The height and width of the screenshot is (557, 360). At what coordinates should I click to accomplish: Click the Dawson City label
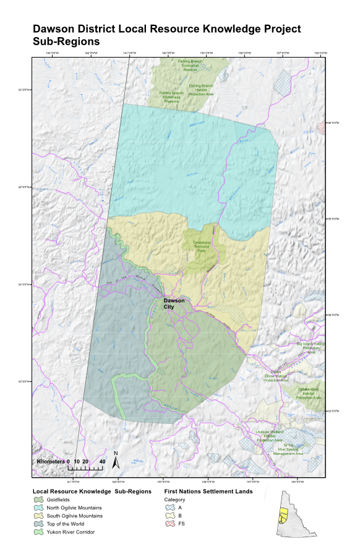click(174, 304)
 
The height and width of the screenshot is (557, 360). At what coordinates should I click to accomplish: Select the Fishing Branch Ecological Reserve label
click(191, 65)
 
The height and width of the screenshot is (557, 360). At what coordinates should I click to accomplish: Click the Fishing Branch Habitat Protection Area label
click(202, 90)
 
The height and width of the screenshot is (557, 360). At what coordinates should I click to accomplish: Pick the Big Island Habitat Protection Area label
click(311, 348)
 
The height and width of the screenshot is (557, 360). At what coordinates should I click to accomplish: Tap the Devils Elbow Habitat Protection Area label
click(276, 376)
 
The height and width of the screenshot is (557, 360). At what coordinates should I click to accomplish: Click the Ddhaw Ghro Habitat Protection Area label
click(309, 393)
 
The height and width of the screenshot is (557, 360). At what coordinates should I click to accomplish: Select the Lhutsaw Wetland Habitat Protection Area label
click(269, 435)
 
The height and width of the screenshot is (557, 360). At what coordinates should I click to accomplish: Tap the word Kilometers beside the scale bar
click(51, 462)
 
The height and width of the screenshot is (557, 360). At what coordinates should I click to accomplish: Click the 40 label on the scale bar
click(102, 462)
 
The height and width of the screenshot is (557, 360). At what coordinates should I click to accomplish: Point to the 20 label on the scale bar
click(85, 462)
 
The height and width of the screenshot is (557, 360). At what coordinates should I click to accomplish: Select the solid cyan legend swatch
click(38, 507)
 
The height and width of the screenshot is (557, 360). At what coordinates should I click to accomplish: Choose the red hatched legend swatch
click(170, 524)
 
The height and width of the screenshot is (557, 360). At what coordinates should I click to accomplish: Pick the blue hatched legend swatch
click(170, 507)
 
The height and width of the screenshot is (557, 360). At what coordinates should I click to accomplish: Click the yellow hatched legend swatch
click(170, 516)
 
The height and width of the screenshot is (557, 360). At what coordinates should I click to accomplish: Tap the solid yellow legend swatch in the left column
click(38, 516)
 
